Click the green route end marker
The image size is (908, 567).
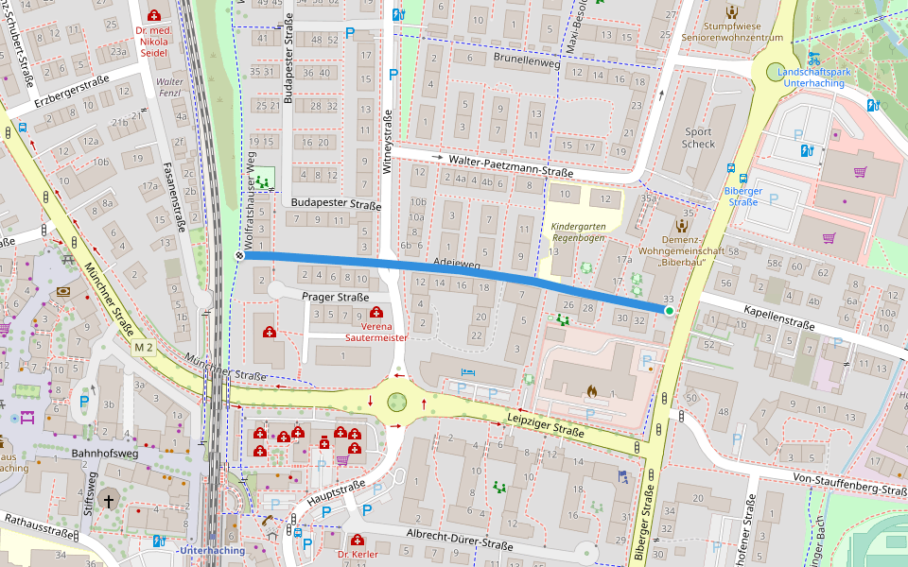(x=669, y=310)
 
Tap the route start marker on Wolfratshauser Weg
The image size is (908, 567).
(x=240, y=255)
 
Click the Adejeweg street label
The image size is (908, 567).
(x=455, y=265)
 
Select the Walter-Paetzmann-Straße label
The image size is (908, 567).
(x=511, y=166)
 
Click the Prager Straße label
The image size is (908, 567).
(x=335, y=297)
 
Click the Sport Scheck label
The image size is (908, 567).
(x=698, y=138)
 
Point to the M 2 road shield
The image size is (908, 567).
(x=143, y=348)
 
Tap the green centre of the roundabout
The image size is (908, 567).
(x=397, y=401)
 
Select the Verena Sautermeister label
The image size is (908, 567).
(x=376, y=330)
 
